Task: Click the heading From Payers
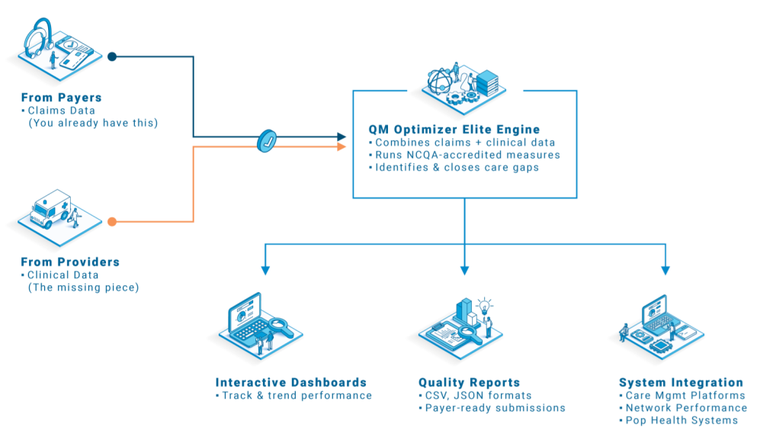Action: pyautogui.click(x=61, y=98)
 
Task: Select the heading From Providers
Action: pyautogui.click(x=70, y=262)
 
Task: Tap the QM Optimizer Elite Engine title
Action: pyautogui.click(x=454, y=129)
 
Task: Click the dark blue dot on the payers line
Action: pyautogui.click(x=112, y=56)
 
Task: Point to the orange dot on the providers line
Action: pyautogui.click(x=112, y=222)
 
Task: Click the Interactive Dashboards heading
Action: pyautogui.click(x=290, y=383)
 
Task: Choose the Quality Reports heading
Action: pyautogui.click(x=469, y=383)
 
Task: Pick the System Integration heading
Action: pyautogui.click(x=681, y=383)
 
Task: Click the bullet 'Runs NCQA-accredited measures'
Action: pyautogui.click(x=467, y=155)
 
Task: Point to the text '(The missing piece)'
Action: pyautogui.click(x=83, y=287)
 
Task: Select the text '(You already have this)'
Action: pyautogui.click(x=92, y=123)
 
